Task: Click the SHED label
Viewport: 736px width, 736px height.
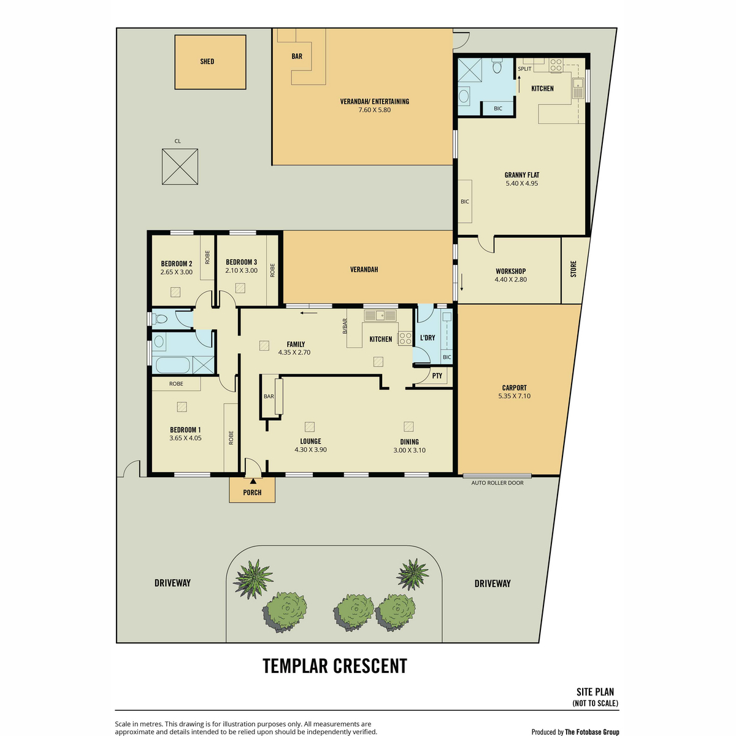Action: tap(207, 61)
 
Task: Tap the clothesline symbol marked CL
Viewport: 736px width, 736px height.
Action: tap(180, 167)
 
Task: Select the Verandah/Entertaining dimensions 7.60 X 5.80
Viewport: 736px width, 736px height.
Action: tap(374, 110)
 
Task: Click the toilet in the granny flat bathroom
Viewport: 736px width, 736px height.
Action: tap(497, 66)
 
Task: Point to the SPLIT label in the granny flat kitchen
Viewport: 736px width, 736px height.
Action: tap(524, 69)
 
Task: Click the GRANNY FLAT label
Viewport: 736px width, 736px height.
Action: tap(522, 175)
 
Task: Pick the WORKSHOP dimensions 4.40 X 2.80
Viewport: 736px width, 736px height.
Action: tap(511, 279)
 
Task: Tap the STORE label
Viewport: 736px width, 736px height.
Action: tap(573, 269)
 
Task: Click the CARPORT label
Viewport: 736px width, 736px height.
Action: tap(514, 388)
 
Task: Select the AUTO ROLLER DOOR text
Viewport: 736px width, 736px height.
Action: tap(497, 483)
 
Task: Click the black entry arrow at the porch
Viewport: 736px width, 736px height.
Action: tap(253, 481)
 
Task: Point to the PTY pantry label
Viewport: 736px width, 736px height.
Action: tap(437, 376)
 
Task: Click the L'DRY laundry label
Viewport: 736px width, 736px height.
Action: tap(427, 337)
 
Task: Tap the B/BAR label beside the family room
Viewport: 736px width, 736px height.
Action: tap(345, 326)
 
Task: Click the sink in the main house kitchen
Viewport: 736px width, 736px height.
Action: tap(380, 315)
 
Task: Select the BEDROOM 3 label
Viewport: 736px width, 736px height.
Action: tap(242, 262)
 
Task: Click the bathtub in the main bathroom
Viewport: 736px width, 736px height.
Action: tap(171, 365)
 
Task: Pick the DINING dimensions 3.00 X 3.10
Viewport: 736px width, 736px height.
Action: tap(410, 450)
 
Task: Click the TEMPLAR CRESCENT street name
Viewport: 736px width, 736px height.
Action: tap(335, 665)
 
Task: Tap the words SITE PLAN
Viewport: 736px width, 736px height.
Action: tap(595, 692)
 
